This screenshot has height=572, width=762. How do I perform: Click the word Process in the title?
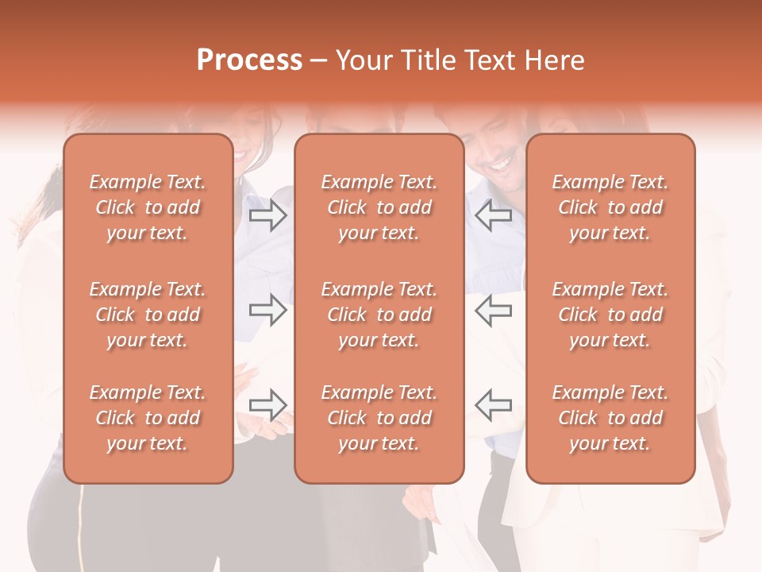point(249,60)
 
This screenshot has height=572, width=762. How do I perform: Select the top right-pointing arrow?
point(268,215)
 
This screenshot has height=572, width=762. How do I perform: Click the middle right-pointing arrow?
point(268,310)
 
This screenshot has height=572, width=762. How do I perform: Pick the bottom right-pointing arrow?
point(268,404)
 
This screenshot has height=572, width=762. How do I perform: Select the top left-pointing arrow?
point(494,215)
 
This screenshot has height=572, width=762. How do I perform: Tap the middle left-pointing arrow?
point(494,310)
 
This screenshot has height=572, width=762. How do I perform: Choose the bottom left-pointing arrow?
point(494,404)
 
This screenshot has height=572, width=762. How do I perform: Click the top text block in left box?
point(148,207)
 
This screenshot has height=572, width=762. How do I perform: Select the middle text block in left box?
point(148,315)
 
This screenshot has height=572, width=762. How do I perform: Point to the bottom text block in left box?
point(148,418)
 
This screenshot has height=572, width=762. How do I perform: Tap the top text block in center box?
point(379,207)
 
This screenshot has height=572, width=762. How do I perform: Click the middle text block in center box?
point(379,315)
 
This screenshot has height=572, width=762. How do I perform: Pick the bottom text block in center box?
point(379,418)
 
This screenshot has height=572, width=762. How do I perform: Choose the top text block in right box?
point(610,207)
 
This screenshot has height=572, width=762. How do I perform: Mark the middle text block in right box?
point(610,315)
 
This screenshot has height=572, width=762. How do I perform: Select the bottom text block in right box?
point(610,418)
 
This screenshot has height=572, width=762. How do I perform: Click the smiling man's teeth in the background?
point(502,164)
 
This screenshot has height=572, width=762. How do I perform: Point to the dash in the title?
point(319,62)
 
